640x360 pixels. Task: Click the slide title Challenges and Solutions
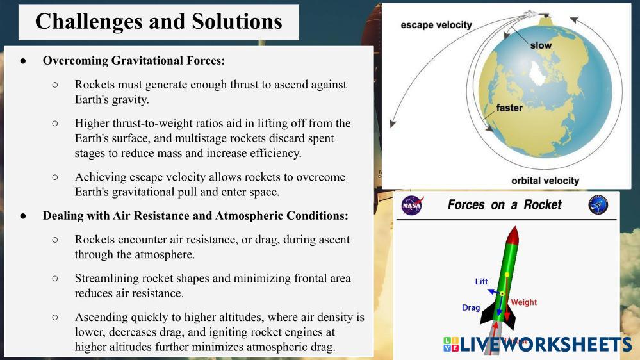[x=159, y=21]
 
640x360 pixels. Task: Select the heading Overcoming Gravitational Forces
[x=134, y=60]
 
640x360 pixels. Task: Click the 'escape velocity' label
[x=436, y=25]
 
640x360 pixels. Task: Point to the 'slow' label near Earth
[x=541, y=45]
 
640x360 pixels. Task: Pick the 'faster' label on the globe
[x=509, y=108]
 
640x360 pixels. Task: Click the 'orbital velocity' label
[x=545, y=181]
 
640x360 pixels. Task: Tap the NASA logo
[x=412, y=205]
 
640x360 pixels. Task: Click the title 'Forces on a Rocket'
[x=504, y=204]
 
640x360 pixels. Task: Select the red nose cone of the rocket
[x=513, y=234]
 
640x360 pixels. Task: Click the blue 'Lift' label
[x=481, y=281]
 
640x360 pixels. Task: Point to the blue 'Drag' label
[x=471, y=307]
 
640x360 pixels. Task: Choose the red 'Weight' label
[x=523, y=302]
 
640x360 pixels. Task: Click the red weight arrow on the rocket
[x=507, y=298]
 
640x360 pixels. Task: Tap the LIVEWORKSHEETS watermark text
[x=546, y=344]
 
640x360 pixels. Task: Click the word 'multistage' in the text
[x=201, y=138]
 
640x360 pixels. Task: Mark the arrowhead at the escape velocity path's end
[x=393, y=123]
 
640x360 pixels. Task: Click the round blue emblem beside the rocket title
[x=598, y=205]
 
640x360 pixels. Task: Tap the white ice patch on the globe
[x=537, y=74]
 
